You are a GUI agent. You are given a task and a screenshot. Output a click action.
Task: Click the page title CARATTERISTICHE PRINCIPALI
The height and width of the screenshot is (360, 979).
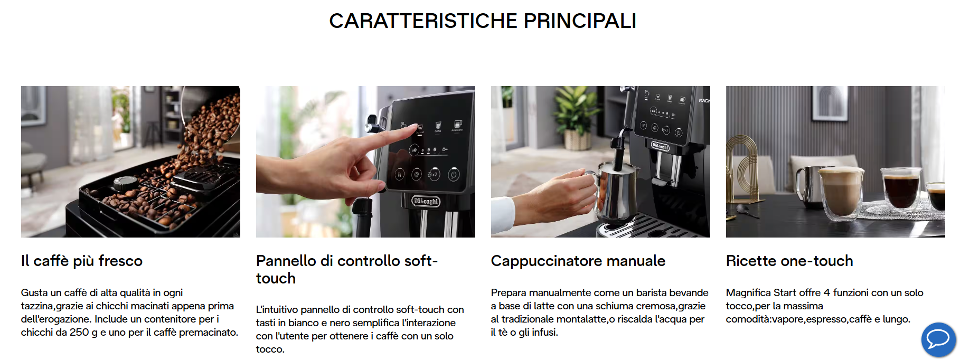pos(483,21)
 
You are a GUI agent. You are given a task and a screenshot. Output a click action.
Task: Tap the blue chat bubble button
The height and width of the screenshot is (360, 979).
pos(938,339)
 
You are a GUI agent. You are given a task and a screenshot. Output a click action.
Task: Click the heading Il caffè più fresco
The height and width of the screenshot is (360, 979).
pos(82,261)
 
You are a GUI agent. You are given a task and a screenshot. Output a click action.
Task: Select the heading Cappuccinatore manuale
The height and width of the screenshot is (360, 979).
pos(578,261)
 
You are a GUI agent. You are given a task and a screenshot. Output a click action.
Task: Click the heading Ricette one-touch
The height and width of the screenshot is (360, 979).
pos(789,261)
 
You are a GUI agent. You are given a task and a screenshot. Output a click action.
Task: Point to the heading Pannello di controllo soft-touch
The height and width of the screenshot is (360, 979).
pos(347,269)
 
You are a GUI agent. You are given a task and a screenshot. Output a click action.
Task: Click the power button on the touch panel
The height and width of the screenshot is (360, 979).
pos(454,174)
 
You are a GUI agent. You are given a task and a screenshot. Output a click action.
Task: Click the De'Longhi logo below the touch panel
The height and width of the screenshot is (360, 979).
pos(426,201)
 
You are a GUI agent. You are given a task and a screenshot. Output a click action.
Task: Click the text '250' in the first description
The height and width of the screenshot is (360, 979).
pos(79,332)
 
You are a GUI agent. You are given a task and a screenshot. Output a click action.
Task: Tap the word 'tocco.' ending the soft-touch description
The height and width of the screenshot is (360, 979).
pos(270,349)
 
